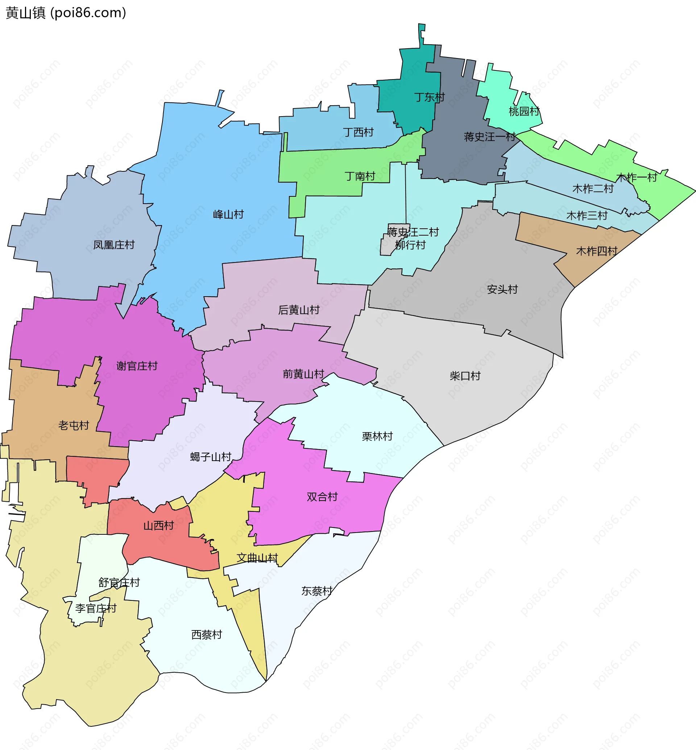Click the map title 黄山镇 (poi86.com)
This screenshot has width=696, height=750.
coord(66,13)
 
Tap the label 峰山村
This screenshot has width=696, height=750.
coord(228,215)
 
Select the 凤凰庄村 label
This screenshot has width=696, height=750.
coord(114,245)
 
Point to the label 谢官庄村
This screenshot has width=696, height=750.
coord(137,366)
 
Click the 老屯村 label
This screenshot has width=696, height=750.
coord(74,425)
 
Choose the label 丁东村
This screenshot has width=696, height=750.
coord(429,97)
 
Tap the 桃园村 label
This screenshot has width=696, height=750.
coord(524,111)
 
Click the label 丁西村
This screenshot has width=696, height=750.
coord(358,133)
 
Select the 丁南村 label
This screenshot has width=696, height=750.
coord(360,176)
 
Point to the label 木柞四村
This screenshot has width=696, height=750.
coord(597,251)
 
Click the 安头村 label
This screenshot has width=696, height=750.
coord(502,290)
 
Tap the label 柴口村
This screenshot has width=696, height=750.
coord(465,376)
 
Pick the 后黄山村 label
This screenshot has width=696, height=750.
coord(299,310)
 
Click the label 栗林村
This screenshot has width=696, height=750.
coord(377,436)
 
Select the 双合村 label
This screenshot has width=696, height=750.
coord(322,497)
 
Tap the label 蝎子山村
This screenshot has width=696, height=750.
coord(211,457)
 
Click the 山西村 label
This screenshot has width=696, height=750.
coord(158,526)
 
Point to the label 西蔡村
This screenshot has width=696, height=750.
coord(206,635)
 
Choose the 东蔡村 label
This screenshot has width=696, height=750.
coord(317,591)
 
